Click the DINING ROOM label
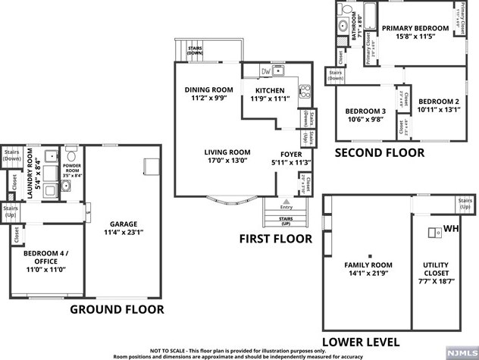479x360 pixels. (208, 89)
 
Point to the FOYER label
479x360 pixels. (286, 152)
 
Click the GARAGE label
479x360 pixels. (123, 225)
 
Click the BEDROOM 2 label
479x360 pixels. (439, 102)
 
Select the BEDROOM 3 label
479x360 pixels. (367, 111)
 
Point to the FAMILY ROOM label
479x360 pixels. (368, 265)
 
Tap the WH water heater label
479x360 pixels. (451, 229)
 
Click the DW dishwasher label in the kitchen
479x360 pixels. (266, 72)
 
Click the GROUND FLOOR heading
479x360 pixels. (117, 309)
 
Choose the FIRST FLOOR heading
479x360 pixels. (275, 239)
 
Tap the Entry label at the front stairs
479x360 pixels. (286, 207)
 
